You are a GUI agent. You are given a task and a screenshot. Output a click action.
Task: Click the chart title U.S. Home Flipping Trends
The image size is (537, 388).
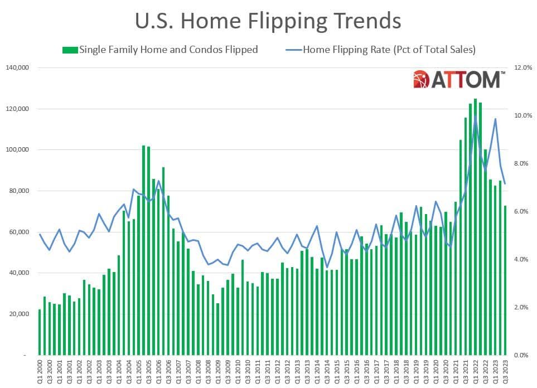click(268, 21)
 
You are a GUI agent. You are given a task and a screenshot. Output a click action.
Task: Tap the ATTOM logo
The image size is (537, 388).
click(459, 80)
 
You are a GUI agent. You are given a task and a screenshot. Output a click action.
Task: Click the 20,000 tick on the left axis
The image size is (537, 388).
click(20, 314)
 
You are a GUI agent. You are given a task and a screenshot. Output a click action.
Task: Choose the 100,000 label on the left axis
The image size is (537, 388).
click(18, 150)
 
